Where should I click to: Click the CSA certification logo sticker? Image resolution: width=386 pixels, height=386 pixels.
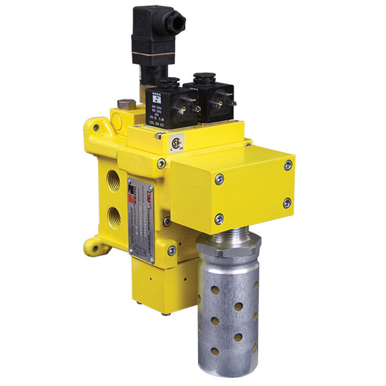(175, 142)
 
